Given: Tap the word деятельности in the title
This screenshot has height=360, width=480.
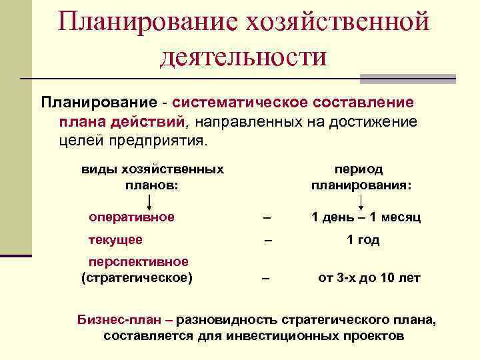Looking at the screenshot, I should pyautogui.click(x=243, y=56).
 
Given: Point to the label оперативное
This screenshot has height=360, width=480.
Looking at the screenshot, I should pyautogui.click(x=132, y=217).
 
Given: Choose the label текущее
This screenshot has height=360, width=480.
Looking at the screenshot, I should pyautogui.click(x=116, y=240).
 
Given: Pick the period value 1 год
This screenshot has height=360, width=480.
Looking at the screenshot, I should pyautogui.click(x=363, y=240).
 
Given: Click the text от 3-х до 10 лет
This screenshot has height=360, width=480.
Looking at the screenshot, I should pyautogui.click(x=369, y=277).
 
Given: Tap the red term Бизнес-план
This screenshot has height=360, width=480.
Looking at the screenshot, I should pyautogui.click(x=119, y=320).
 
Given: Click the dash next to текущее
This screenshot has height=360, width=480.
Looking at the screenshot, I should pyautogui.click(x=269, y=240).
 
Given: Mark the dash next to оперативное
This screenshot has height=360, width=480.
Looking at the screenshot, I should pyautogui.click(x=267, y=217).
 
